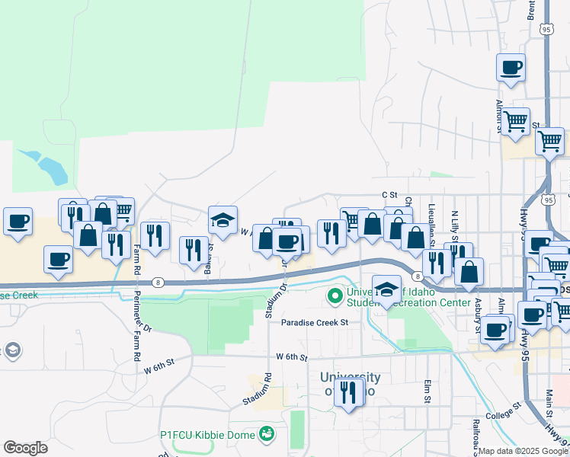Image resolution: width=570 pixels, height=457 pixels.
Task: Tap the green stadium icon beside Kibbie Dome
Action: tap(266, 435)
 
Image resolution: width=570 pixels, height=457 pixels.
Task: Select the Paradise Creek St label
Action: tap(314, 322)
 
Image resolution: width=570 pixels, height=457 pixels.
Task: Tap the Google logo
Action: tap(25, 448)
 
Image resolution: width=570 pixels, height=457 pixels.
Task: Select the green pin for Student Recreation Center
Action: tap(334, 294)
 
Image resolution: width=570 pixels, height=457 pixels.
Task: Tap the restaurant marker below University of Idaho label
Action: tap(349, 392)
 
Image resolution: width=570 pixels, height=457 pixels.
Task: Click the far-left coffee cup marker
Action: tap(18, 222)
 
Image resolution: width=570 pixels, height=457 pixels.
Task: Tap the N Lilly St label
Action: tap(454, 228)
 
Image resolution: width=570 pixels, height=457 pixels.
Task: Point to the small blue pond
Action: tap(48, 167)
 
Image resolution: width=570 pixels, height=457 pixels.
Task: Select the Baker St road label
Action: tap(211, 241)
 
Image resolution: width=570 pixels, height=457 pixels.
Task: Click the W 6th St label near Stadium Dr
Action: tap(292, 356)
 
